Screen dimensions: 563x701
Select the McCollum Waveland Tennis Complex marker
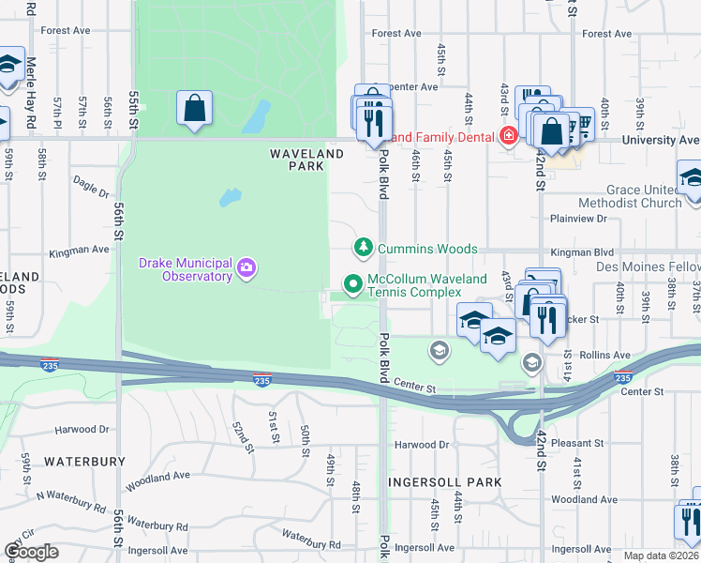pos(352,282)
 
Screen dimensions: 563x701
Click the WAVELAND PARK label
pos(297,160)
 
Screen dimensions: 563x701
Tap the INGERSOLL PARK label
pos(445,482)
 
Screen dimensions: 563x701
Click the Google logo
pos(31,552)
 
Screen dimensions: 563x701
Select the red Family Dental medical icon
pos(508,137)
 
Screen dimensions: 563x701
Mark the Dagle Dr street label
pos(91,190)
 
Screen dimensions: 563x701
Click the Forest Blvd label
pos(396,34)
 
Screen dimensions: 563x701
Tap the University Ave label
pos(662,140)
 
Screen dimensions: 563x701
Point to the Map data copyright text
pos(661,555)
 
